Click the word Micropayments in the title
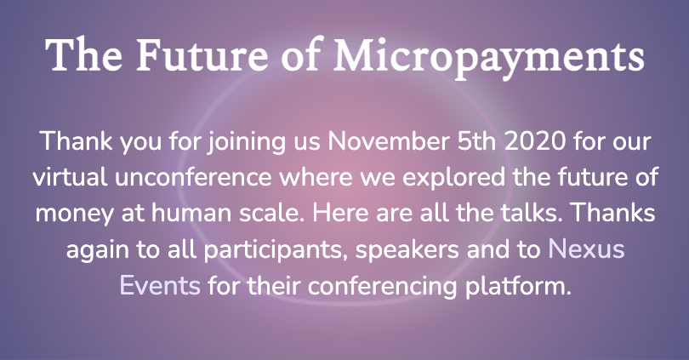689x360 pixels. tap(489, 57)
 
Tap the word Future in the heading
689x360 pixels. tap(202, 55)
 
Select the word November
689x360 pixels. tap(389, 141)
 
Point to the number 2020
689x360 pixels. tap(535, 141)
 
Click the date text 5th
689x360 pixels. tap(476, 141)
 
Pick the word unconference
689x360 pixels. tap(193, 177)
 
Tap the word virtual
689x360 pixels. tap(70, 177)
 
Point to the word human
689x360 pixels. tap(191, 213)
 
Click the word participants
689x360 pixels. tap(273, 250)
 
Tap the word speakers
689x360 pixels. tap(407, 250)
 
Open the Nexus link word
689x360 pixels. tap(586, 249)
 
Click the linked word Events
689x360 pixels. tap(160, 286)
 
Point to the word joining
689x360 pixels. tap(247, 142)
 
